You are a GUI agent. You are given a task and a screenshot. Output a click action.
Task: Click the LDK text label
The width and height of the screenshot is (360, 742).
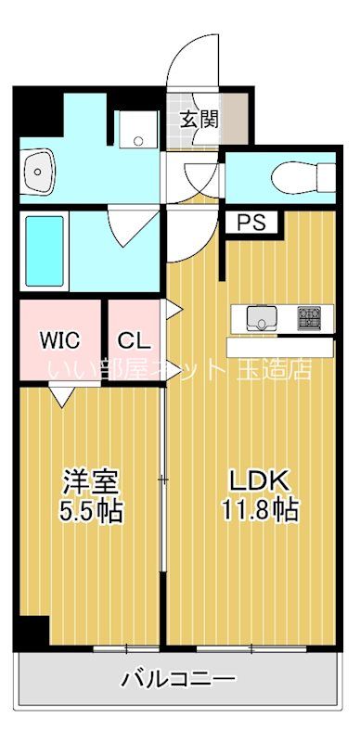pos(261,480)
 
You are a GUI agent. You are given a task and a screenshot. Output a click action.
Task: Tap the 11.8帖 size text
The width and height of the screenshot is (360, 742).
pos(261,509)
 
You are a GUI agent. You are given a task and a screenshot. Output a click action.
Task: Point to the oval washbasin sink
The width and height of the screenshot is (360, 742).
pos(39,169)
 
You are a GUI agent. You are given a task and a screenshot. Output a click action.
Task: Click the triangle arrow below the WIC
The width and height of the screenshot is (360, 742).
pos(61,396)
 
